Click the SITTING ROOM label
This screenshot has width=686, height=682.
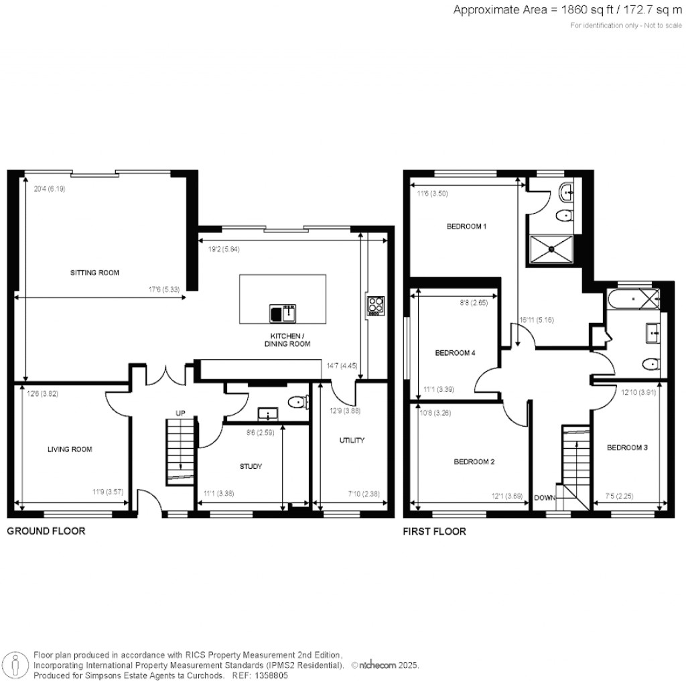94,273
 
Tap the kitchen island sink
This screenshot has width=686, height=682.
283,314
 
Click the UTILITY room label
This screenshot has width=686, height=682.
352,440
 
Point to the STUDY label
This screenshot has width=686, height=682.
251,466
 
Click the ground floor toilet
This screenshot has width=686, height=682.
299,401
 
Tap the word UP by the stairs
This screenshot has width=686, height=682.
180,413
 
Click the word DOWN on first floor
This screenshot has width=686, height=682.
545,498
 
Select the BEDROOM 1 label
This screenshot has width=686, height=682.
466,226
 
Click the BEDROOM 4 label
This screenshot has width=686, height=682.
455,352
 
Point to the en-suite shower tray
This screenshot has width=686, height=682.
551,249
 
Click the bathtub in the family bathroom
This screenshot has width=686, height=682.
633,299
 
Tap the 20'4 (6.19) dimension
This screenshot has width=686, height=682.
50,189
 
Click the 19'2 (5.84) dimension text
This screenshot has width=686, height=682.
224,249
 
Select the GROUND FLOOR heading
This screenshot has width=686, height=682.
46,531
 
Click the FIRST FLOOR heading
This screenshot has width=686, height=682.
434,531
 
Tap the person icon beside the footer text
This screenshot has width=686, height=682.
16,666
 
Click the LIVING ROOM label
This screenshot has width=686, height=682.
70,450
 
